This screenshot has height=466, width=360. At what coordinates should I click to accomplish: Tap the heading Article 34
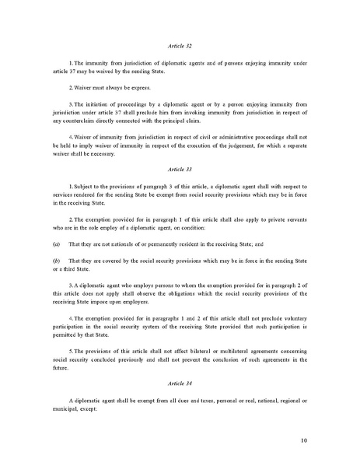click(x=180, y=384)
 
